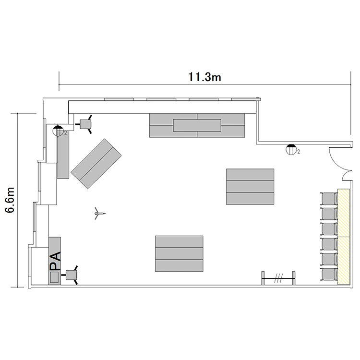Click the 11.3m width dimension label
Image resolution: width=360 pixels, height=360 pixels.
(x=204, y=77)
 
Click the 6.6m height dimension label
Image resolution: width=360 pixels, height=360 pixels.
(x=10, y=200)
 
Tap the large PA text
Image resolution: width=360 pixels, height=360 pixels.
(x=55, y=261)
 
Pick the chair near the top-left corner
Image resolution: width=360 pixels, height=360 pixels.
(x=85, y=124)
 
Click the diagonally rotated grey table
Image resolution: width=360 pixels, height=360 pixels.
(x=96, y=164)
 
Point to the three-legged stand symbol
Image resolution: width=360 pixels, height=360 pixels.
(x=99, y=214)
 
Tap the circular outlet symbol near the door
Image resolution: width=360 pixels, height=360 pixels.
(x=290, y=149)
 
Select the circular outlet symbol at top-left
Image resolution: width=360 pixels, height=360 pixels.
(x=58, y=131)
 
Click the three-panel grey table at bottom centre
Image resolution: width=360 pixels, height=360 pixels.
(x=179, y=254)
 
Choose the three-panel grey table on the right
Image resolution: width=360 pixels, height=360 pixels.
(x=250, y=187)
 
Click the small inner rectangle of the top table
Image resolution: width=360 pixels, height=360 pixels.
(x=197, y=125)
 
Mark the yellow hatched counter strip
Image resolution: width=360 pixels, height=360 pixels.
(x=344, y=237)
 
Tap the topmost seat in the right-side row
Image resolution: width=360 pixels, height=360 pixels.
(x=329, y=199)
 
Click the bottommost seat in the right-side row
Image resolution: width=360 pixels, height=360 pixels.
(x=329, y=274)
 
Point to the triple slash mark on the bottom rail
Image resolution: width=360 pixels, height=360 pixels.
(x=278, y=278)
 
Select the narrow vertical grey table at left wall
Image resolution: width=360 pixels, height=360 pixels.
(x=63, y=155)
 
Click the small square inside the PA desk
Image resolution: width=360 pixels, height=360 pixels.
(x=54, y=277)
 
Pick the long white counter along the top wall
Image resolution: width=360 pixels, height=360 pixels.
(x=162, y=107)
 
